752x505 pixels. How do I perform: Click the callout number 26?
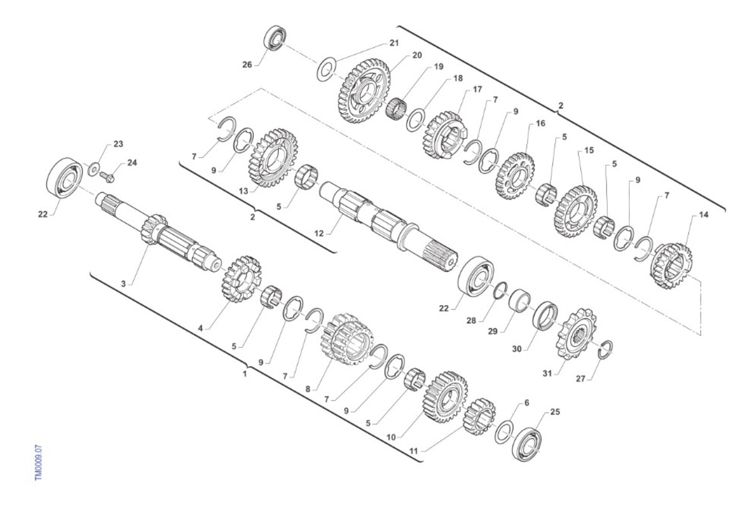pyautogui.click(x=247, y=65)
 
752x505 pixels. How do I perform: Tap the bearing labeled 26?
pyautogui.click(x=275, y=38)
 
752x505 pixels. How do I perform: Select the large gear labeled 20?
pyautogui.click(x=364, y=91)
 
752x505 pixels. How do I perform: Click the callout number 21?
pyautogui.click(x=394, y=43)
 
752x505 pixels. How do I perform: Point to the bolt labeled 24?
pyautogui.click(x=107, y=177)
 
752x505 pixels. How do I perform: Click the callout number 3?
pyautogui.click(x=123, y=284)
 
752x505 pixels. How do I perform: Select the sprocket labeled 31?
pyautogui.click(x=576, y=333)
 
